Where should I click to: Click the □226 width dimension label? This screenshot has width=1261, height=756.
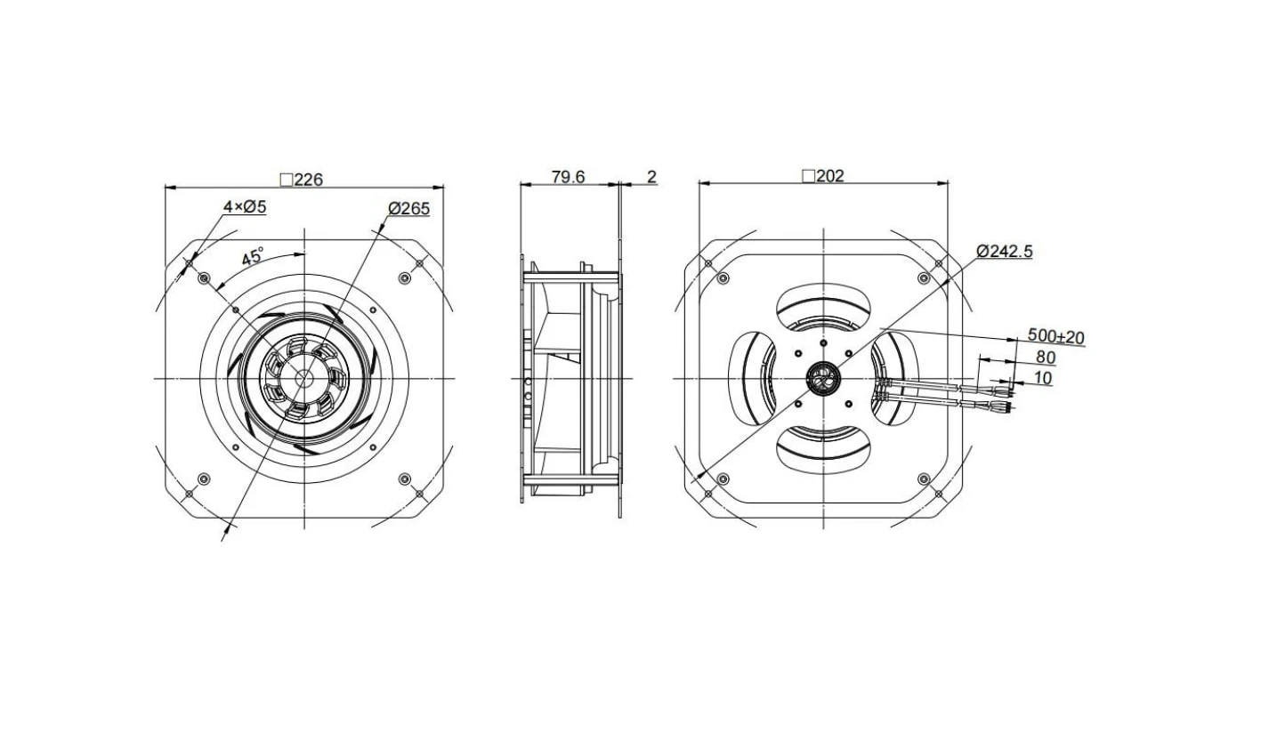[302, 180]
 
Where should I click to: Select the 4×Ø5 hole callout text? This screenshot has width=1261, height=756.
[245, 207]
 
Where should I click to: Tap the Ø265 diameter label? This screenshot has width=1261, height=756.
[409, 209]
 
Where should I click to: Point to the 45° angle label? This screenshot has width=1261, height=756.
[252, 257]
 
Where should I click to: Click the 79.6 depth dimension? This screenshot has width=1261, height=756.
[568, 177]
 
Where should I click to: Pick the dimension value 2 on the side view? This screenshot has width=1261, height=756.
[652, 177]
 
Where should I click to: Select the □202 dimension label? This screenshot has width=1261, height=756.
[823, 176]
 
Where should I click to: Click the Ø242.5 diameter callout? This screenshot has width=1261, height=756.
[1005, 251]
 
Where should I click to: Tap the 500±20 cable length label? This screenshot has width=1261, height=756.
[1056, 336]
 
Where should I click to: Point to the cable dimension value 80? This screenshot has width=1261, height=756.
[1046, 358]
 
